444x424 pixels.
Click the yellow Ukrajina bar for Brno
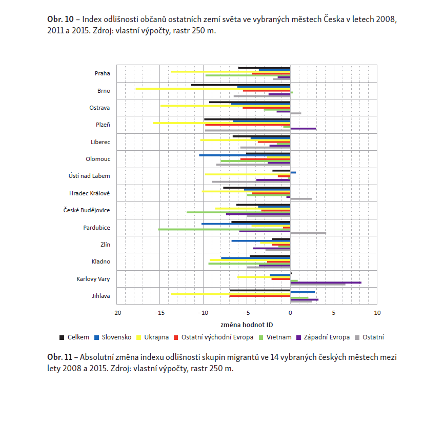[213, 89]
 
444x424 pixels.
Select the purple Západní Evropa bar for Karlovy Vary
[326, 282]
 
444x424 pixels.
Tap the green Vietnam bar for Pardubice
[224, 229]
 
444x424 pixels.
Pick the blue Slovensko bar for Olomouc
[245, 155]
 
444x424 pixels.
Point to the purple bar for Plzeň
[304, 129]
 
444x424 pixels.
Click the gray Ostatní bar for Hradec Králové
[301, 199]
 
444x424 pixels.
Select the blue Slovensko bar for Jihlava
[302, 292]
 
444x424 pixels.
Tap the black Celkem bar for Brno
[240, 85]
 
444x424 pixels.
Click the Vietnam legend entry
[275, 337]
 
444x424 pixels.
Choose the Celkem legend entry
[74, 337]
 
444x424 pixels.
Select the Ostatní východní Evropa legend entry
[213, 337]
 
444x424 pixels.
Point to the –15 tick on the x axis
[159, 313]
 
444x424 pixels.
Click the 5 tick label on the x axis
[334, 313]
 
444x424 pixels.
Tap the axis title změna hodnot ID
[247, 325]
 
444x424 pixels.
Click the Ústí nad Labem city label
[89, 176]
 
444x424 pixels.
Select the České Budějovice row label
[87, 210]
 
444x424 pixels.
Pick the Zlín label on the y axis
[105, 245]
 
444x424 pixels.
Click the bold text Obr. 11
[60, 357]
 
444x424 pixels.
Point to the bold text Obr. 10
[60, 19]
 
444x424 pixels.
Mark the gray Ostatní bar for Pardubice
[308, 233]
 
